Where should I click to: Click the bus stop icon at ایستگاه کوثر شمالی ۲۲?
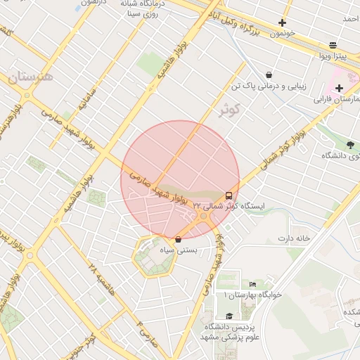point(229,195)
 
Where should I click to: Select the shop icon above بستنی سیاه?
point(178,239)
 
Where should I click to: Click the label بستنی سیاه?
point(179,250)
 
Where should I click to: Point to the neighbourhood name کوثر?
point(229,110)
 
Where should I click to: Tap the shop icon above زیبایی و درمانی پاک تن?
point(269,75)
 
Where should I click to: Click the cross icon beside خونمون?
point(282,22)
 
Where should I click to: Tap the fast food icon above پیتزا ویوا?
point(333,44)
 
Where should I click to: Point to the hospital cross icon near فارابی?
point(340,88)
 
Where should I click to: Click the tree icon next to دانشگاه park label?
point(349,144)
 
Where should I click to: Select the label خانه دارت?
point(293,238)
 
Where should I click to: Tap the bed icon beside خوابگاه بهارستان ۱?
point(253,284)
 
